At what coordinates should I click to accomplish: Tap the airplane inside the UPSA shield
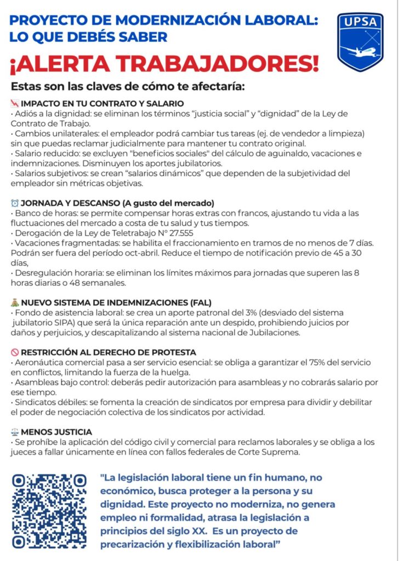coord(360,52)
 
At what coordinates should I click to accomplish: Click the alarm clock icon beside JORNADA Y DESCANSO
coord(15,203)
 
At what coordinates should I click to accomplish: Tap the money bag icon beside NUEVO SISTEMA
coord(15,302)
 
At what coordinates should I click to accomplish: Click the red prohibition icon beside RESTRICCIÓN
coord(15,352)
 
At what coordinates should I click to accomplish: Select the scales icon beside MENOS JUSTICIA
coord(15,432)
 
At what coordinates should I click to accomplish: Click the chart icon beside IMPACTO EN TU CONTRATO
coord(15,104)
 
